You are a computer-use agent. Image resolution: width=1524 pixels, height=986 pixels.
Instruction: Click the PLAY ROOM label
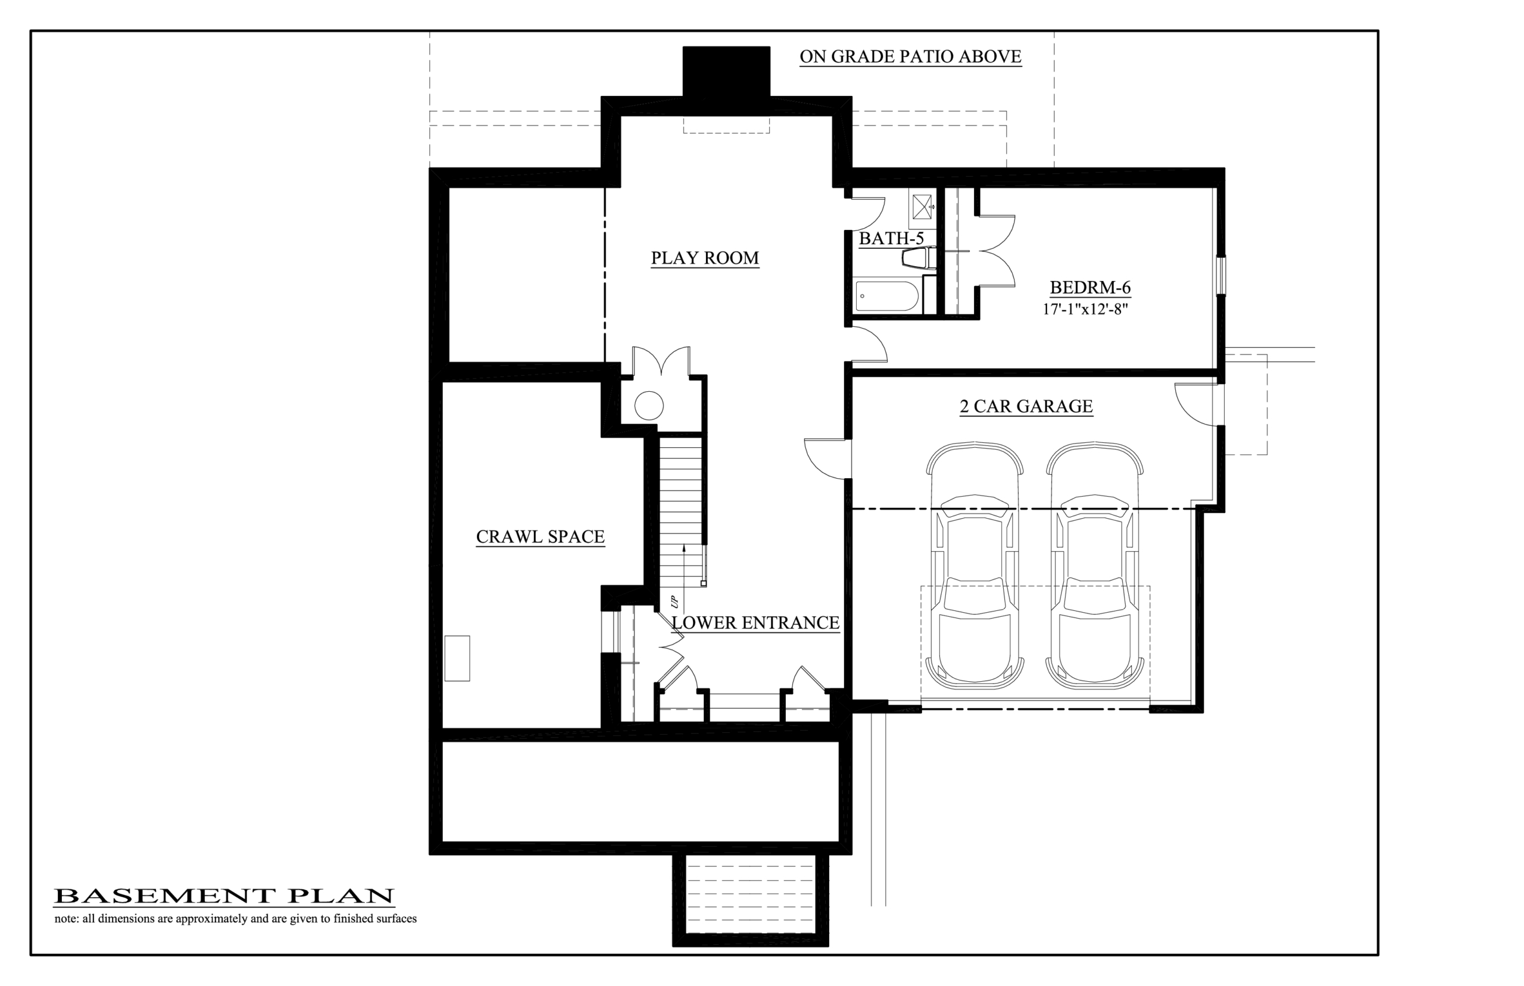pyautogui.click(x=705, y=258)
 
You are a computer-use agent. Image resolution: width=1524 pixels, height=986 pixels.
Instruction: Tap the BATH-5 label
pyautogui.click(x=891, y=239)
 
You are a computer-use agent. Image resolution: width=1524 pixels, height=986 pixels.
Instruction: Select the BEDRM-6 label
pyautogui.click(x=1090, y=287)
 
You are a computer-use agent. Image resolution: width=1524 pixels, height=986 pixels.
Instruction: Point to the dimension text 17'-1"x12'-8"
pyautogui.click(x=1085, y=310)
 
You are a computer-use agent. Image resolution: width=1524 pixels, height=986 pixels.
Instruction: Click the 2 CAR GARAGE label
pyautogui.click(x=1026, y=406)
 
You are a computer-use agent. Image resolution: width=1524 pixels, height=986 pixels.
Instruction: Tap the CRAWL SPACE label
pyautogui.click(x=540, y=536)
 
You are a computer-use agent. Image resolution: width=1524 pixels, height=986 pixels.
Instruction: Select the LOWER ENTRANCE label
pyautogui.click(x=755, y=622)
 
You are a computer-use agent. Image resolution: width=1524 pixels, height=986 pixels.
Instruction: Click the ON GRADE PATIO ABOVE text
pyautogui.click(x=910, y=57)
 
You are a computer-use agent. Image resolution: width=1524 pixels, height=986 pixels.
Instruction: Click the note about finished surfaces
pyautogui.click(x=236, y=919)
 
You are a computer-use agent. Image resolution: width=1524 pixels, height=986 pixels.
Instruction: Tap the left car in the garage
pyautogui.click(x=974, y=562)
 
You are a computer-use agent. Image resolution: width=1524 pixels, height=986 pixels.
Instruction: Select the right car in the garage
pyautogui.click(x=1095, y=562)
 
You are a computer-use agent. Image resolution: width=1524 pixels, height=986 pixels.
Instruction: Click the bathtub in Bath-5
pyautogui.click(x=887, y=296)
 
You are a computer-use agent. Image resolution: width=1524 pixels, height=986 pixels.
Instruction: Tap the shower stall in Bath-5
pyautogui.click(x=922, y=205)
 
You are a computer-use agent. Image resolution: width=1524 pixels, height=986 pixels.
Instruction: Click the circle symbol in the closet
pyautogui.click(x=648, y=405)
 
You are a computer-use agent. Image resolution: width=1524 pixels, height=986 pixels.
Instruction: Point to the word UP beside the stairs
pyautogui.click(x=673, y=602)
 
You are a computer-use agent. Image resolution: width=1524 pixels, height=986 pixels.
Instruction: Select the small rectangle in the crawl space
pyautogui.click(x=457, y=658)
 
